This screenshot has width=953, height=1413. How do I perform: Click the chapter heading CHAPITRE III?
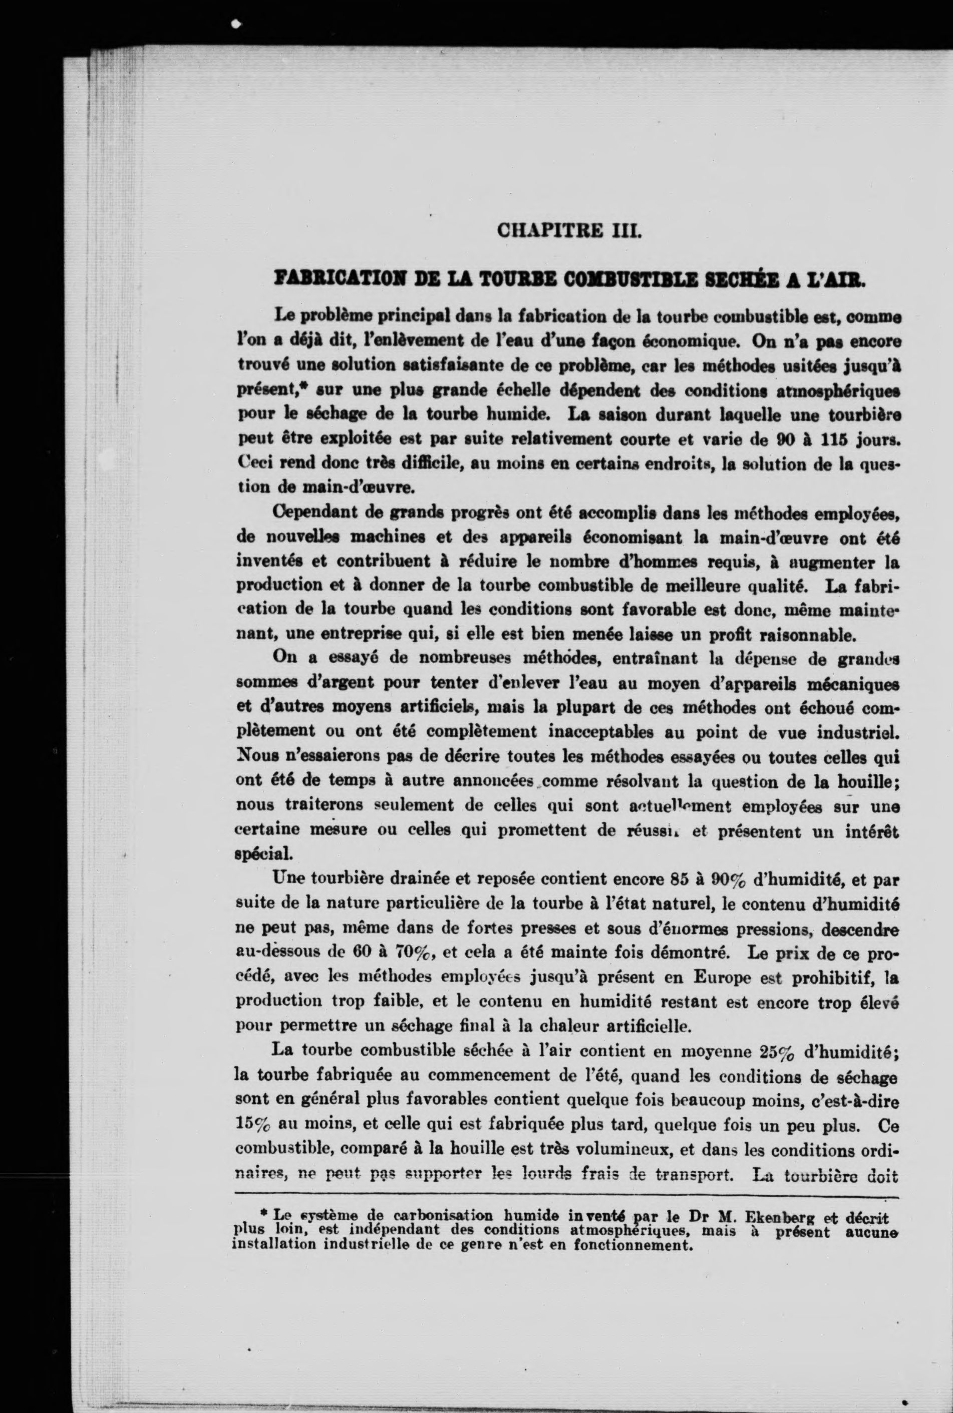click(x=569, y=231)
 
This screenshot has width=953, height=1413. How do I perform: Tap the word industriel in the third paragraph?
click(x=857, y=732)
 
